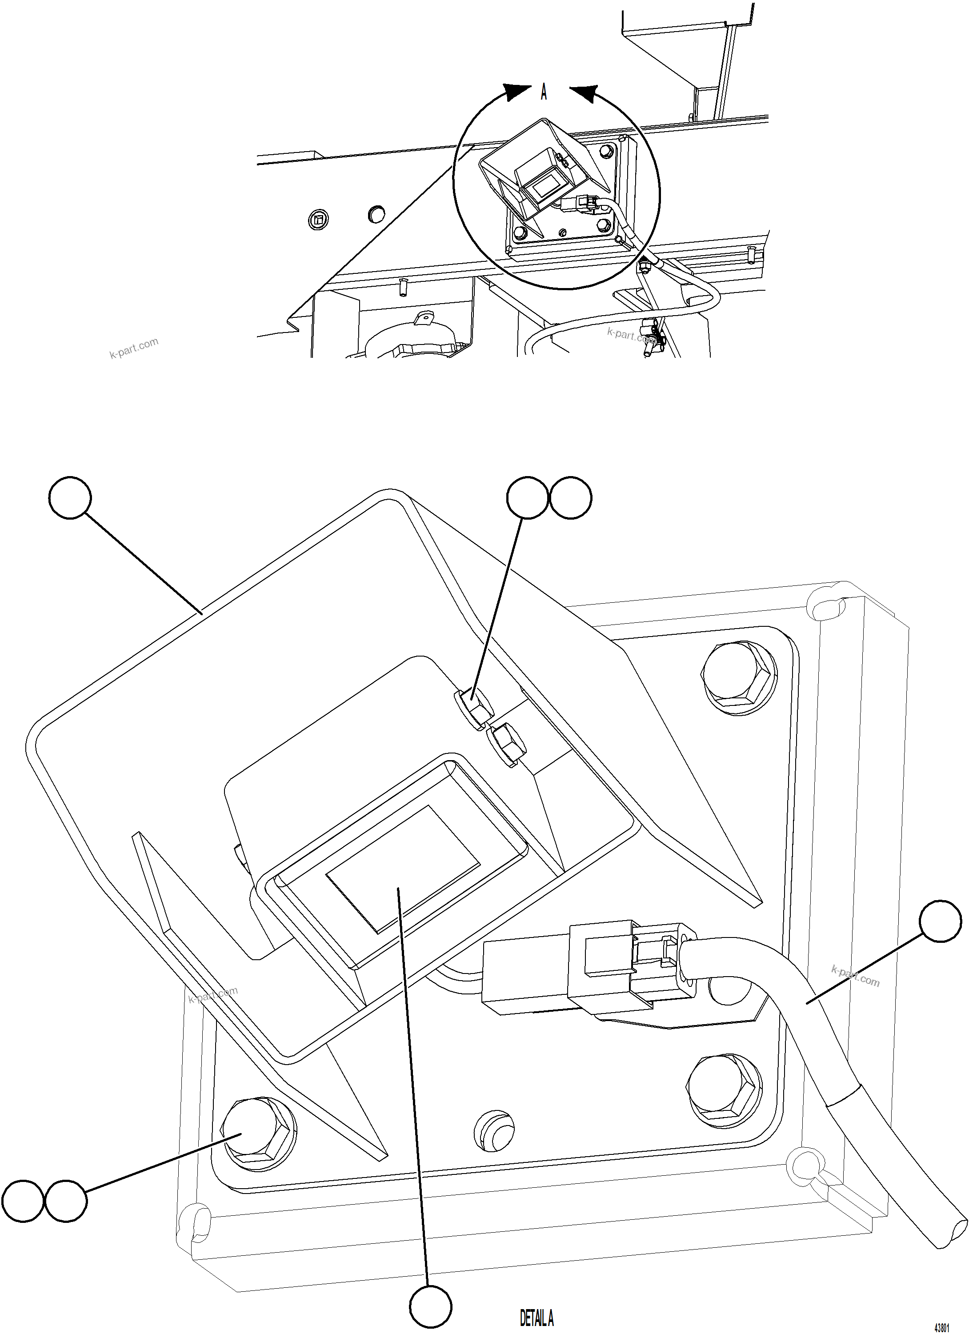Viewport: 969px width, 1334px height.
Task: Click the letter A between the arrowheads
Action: pos(544,92)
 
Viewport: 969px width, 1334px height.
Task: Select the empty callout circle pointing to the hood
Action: pos(70,497)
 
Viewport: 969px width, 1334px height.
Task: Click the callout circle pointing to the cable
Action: pos(940,921)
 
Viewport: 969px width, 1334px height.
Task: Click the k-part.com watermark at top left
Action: pos(134,348)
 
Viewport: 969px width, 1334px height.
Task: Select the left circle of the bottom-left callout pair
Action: pos(21,1200)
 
